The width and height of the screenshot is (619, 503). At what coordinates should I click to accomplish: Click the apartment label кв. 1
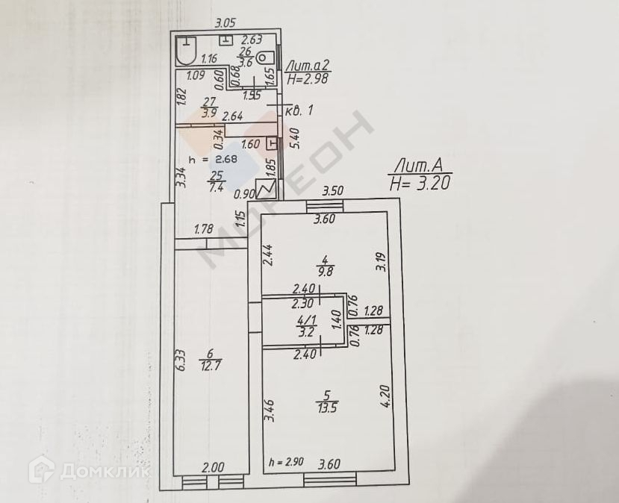[300, 110]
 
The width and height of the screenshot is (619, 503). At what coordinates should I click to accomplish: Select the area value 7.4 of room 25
[217, 187]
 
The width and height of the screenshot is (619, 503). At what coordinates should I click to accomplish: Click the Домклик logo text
[105, 471]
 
